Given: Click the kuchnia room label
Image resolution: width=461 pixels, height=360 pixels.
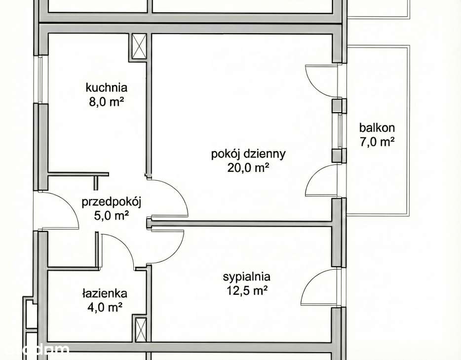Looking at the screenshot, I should pyautogui.click(x=106, y=88).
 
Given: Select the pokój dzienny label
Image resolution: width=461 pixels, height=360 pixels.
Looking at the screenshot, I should pyautogui.click(x=248, y=154).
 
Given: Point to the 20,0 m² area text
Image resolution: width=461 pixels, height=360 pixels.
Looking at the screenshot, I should pyautogui.click(x=248, y=168).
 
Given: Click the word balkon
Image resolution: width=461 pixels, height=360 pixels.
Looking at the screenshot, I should pyautogui.click(x=377, y=128).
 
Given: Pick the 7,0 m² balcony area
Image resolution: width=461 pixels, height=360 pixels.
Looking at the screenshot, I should pyautogui.click(x=377, y=142).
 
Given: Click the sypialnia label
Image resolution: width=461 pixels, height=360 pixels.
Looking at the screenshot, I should pyautogui.click(x=246, y=277).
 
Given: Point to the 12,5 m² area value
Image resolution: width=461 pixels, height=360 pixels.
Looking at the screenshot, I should pyautogui.click(x=246, y=291).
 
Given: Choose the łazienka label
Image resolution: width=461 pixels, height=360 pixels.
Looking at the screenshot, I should pyautogui.click(x=105, y=293).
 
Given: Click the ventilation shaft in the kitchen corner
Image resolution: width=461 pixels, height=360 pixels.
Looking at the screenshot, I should pyautogui.click(x=140, y=46).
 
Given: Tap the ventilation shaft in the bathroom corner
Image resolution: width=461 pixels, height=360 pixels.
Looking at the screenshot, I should pyautogui.click(x=140, y=329).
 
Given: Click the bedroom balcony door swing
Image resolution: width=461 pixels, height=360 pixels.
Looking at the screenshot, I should pyautogui.click(x=321, y=288).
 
